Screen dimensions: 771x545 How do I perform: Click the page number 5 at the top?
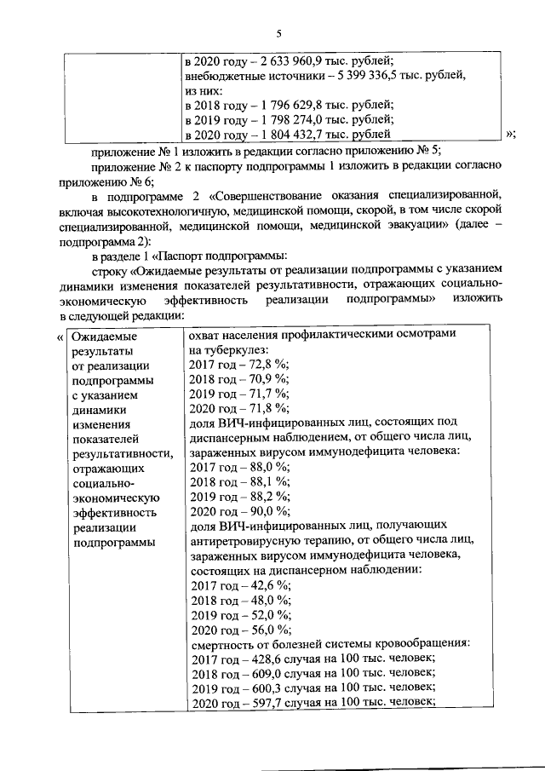(x=278, y=33)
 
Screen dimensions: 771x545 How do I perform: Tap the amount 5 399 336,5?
(x=359, y=75)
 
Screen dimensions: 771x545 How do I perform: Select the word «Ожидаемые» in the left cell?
(x=105, y=336)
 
